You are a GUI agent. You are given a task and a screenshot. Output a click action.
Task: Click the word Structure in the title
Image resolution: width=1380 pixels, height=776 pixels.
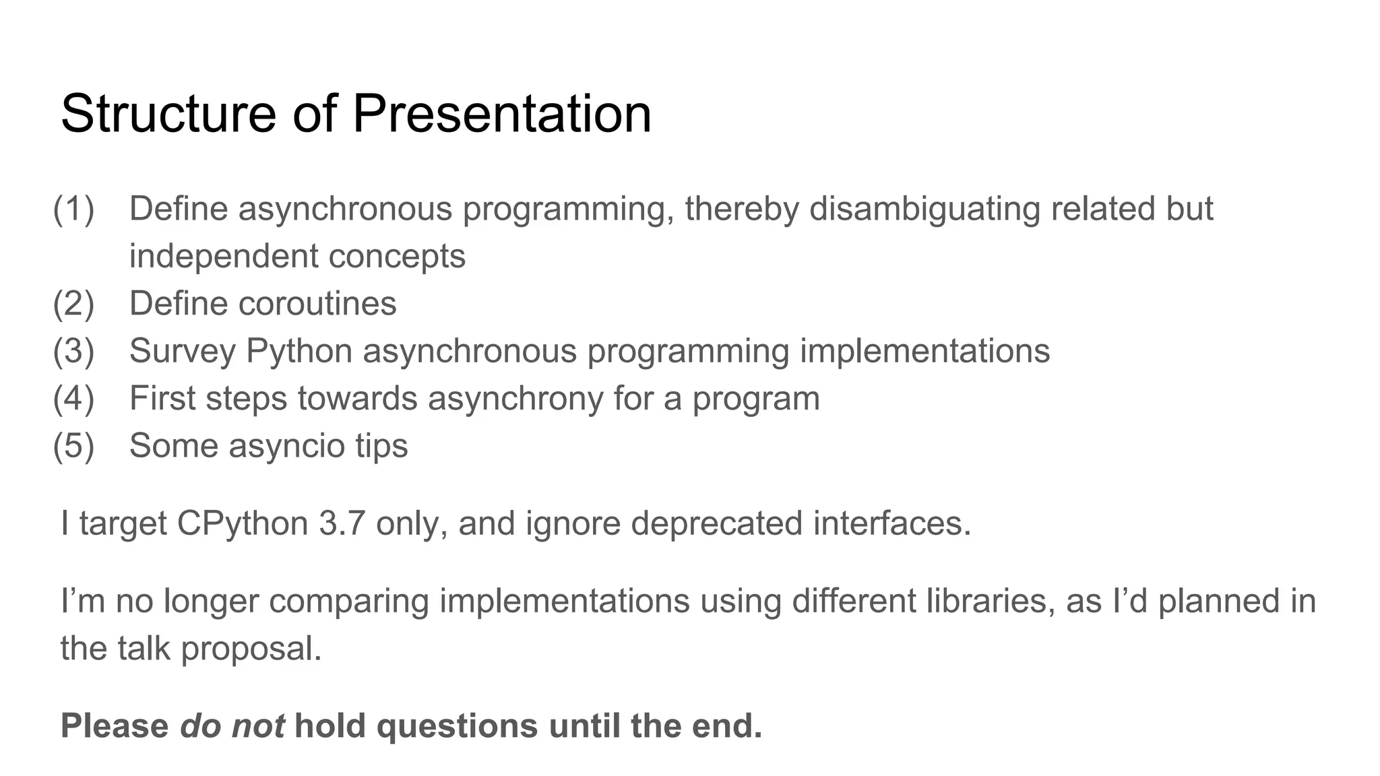[168, 113]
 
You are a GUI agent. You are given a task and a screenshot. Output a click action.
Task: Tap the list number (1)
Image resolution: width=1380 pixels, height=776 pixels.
[73, 209]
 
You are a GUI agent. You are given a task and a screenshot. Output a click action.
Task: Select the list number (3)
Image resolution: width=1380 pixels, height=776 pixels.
[73, 351]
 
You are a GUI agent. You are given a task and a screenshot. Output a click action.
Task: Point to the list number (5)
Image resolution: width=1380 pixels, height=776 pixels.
[73, 446]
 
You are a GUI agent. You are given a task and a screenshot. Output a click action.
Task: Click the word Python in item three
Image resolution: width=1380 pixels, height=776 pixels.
[299, 351]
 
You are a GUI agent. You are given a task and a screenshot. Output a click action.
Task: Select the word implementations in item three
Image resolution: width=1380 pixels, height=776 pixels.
[924, 351]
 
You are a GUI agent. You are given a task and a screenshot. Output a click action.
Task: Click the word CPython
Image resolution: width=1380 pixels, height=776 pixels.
[243, 523]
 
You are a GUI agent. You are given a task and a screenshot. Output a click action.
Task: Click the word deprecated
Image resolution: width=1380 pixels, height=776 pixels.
[716, 523]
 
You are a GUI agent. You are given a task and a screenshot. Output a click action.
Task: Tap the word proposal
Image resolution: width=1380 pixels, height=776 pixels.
[251, 649]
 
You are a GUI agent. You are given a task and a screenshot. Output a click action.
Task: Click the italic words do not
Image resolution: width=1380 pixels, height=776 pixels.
[232, 726]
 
